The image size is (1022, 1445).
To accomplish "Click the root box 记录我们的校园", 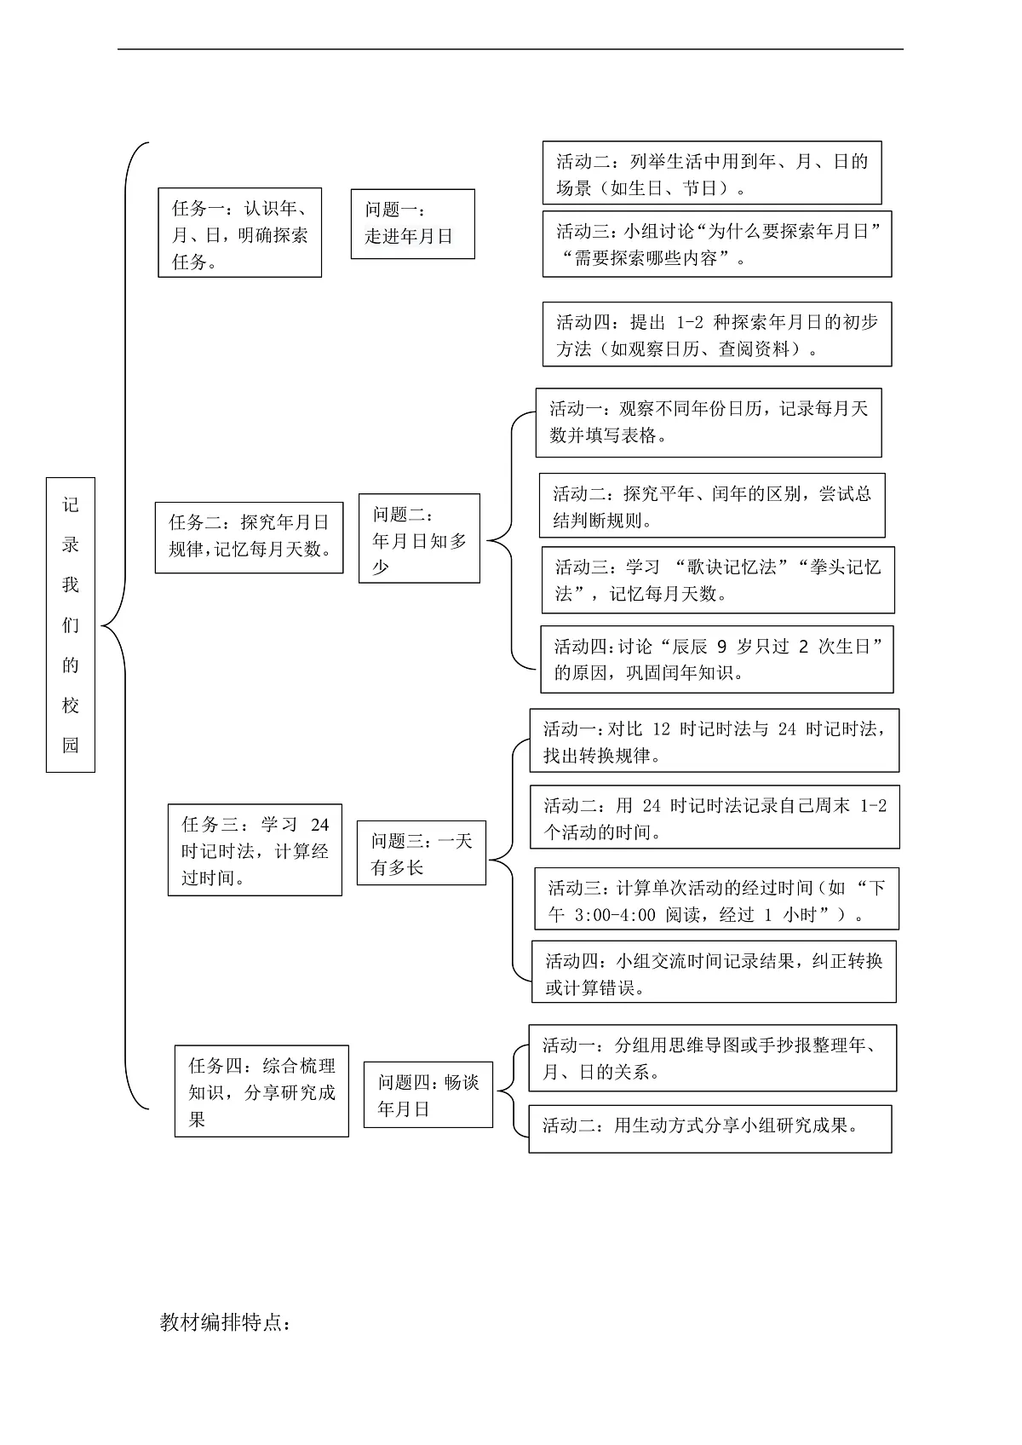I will [x=71, y=625].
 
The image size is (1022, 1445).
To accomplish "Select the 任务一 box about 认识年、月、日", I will [x=239, y=233].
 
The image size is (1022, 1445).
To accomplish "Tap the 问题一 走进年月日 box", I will [x=412, y=224].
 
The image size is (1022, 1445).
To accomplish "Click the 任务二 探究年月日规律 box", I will [x=249, y=537].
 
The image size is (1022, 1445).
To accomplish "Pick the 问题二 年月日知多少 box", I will [x=418, y=538].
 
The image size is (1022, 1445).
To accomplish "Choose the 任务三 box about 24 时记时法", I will [x=255, y=849].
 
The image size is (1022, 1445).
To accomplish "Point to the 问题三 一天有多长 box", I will [x=421, y=853].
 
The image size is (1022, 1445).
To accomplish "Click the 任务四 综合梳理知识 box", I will [x=261, y=1091].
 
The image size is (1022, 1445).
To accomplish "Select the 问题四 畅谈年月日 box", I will [x=428, y=1095].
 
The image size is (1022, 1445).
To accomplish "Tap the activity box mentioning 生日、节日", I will [x=711, y=173].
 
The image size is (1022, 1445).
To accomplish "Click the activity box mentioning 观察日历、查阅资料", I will [x=716, y=334].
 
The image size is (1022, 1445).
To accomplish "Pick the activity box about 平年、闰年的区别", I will [x=711, y=505].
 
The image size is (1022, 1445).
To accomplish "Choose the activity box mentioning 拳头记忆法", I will [x=717, y=579].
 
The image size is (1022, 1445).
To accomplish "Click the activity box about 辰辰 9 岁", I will [x=716, y=659].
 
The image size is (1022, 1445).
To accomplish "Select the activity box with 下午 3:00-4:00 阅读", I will [x=716, y=898].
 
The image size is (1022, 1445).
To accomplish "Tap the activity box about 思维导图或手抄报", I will [x=712, y=1057].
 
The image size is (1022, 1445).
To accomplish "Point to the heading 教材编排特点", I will [x=226, y=1322].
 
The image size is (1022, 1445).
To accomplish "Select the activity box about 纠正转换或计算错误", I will [x=714, y=971].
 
